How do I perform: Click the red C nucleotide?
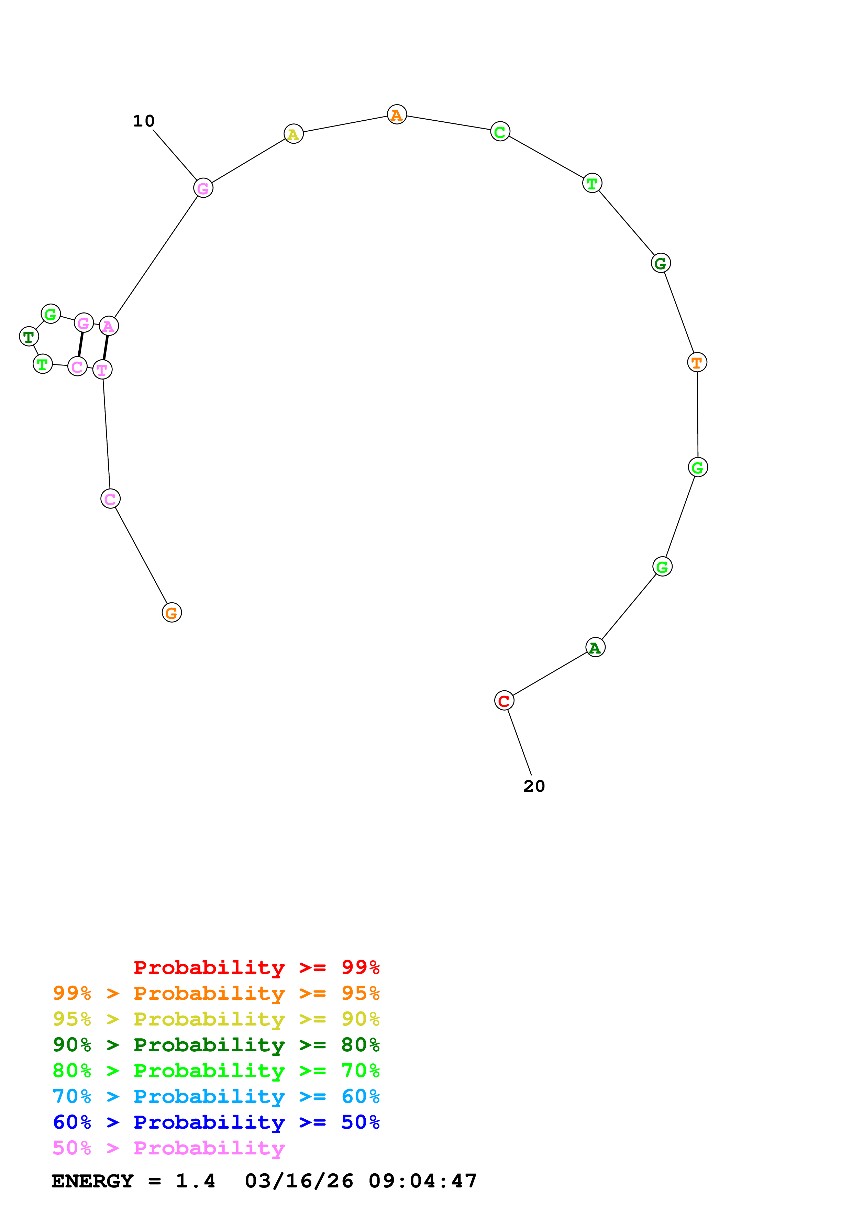click(504, 700)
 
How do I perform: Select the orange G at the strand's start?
click(171, 613)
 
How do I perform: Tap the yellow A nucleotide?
click(294, 134)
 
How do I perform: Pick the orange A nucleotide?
click(397, 114)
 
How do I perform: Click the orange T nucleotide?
click(697, 362)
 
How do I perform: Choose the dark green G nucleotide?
click(660, 263)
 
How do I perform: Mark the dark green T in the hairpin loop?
click(29, 336)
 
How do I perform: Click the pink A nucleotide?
click(109, 326)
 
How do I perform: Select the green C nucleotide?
click(500, 131)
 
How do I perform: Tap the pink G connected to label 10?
click(203, 188)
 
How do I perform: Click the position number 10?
click(143, 121)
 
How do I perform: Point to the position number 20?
click(534, 786)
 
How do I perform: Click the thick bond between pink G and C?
click(80, 344)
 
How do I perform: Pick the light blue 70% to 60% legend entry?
click(216, 1097)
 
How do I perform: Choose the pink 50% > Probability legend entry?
click(168, 1148)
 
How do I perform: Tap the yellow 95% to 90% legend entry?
click(216, 1019)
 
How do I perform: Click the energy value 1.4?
click(195, 1181)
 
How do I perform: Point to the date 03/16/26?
click(299, 1181)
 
